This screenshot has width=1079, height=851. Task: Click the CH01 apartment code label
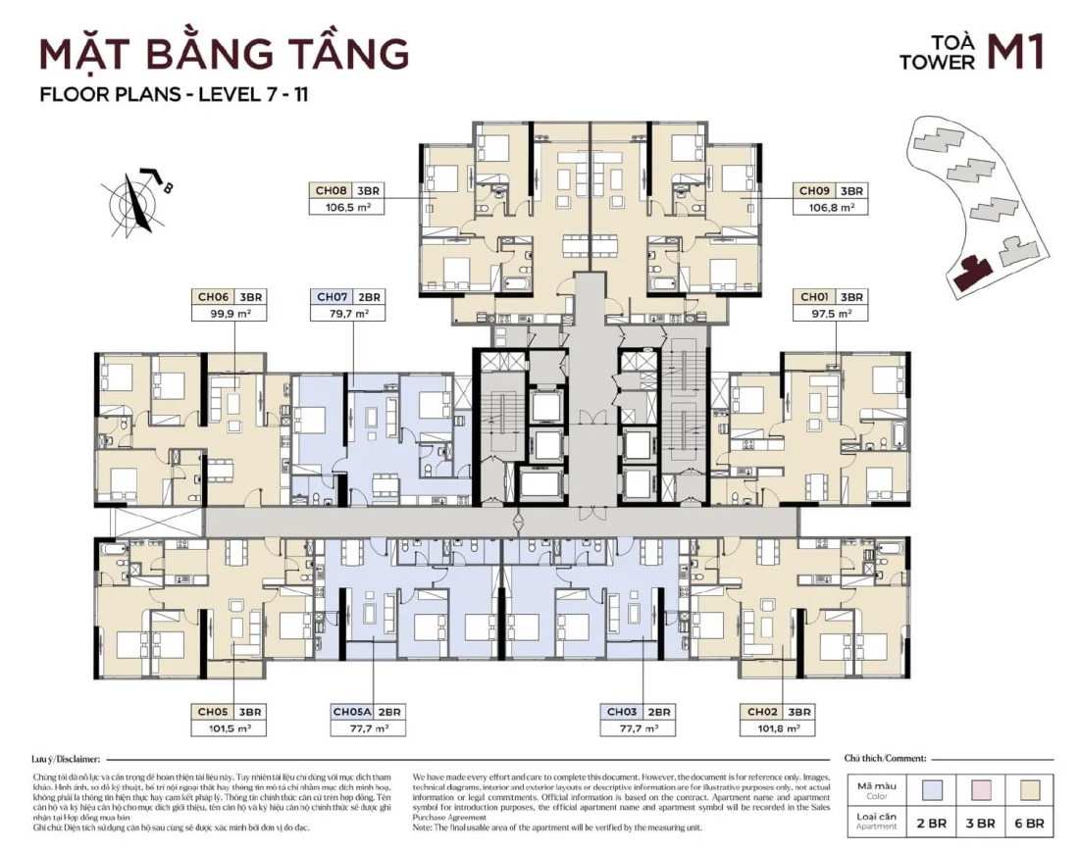coord(815,296)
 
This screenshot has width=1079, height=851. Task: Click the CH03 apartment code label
coord(622,712)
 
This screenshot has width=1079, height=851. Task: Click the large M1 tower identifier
coord(1014,54)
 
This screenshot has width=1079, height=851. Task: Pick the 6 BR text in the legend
coord(1036,824)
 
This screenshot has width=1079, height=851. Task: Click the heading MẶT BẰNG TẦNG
coord(224,53)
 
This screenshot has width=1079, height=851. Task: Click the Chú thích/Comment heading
coord(885,760)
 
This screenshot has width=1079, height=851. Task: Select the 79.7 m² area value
coord(347,314)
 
